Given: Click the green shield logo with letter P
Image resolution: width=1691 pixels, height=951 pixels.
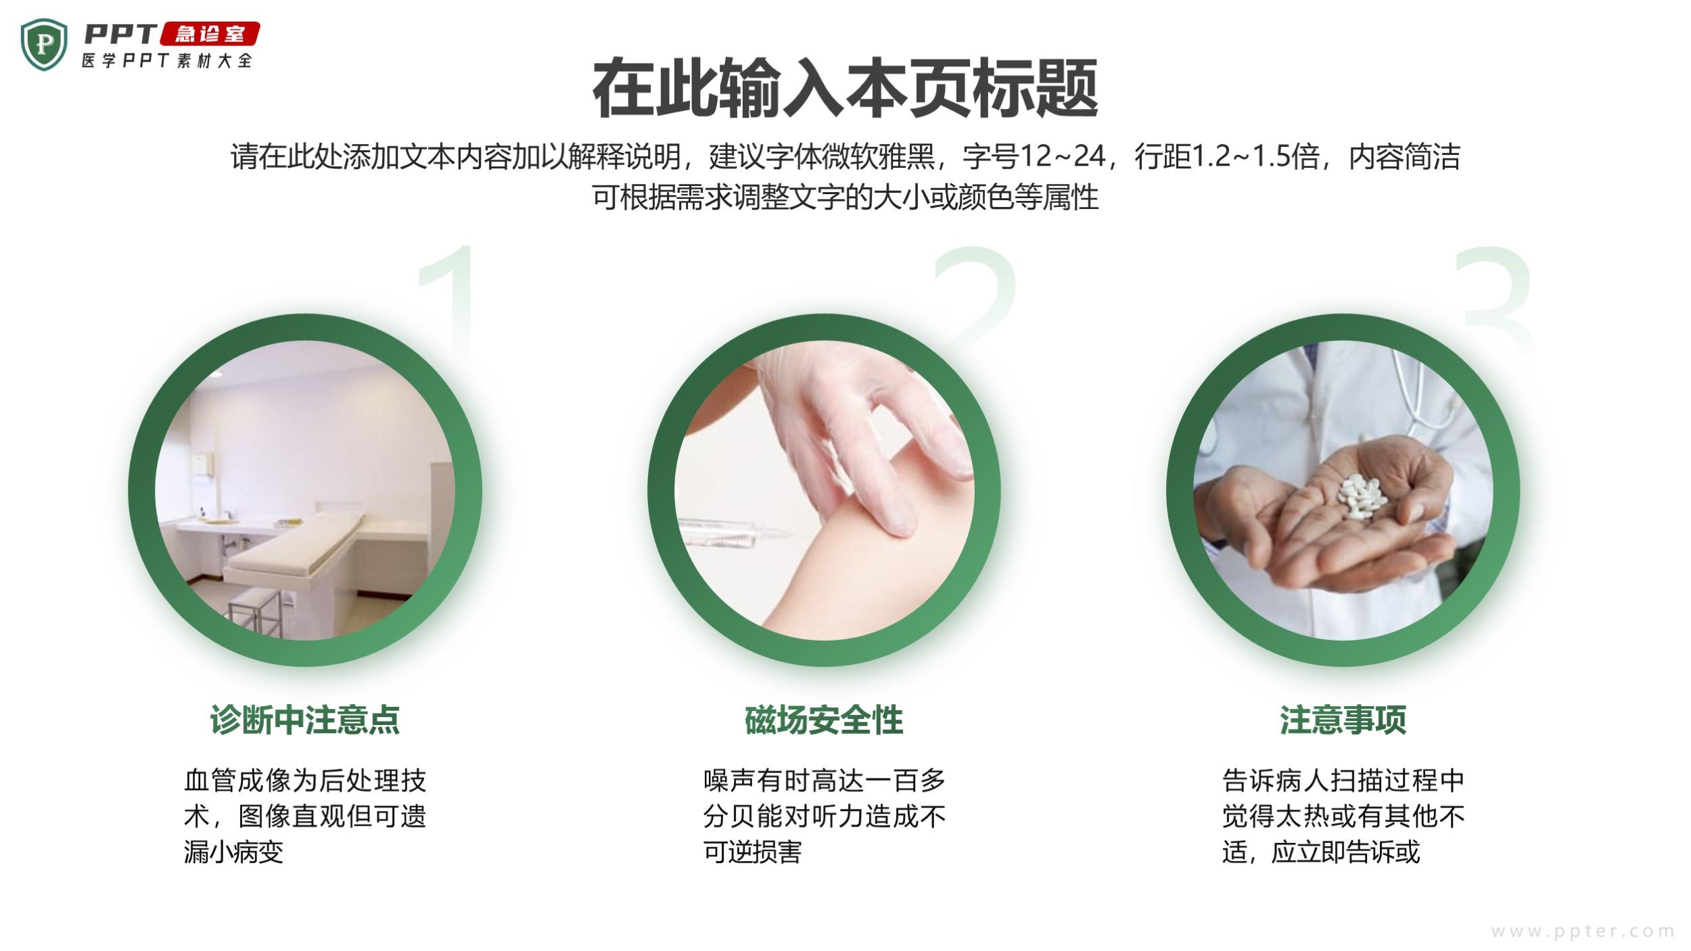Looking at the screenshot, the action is (x=44, y=44).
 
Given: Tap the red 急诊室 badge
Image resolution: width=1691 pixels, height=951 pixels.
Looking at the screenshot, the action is (x=209, y=34).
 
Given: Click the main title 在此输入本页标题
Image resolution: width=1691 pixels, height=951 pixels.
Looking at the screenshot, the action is (x=845, y=89).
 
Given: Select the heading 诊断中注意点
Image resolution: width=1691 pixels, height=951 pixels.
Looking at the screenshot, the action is (x=305, y=720).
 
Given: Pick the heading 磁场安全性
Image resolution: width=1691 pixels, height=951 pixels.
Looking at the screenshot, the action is (x=824, y=720).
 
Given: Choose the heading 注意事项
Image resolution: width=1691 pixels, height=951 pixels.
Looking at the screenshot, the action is (x=1343, y=720).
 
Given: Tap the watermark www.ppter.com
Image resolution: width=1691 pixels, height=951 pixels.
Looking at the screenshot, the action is (x=1583, y=931).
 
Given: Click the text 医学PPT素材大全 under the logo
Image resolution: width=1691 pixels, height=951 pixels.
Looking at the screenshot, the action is (x=167, y=60).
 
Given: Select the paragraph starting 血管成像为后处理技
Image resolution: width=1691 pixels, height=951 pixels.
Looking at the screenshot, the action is (x=305, y=816).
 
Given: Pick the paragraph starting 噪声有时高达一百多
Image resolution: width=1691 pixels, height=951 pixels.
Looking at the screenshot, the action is (x=824, y=816).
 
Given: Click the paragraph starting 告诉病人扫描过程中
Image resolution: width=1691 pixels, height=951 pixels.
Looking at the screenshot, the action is (x=1343, y=816).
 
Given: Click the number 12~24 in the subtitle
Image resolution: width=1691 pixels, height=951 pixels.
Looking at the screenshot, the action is (x=1062, y=156).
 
